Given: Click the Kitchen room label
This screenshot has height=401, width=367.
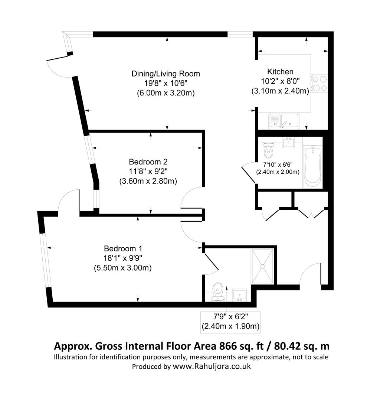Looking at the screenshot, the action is click(280, 72).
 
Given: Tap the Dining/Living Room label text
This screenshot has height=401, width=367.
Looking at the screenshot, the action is click(166, 74).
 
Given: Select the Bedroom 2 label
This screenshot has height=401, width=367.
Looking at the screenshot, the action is click(148, 162).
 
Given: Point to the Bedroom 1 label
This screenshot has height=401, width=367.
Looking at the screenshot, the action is click(123, 248).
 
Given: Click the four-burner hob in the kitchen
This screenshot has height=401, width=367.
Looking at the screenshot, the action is click(320, 84).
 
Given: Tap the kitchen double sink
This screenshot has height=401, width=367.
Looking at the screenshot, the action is click(284, 121).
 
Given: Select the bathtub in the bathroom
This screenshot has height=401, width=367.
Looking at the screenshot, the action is click(312, 167).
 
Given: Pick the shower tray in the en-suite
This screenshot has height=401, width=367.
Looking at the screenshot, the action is click(262, 266).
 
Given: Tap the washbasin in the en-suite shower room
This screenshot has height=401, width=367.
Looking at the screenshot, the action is click(239, 296).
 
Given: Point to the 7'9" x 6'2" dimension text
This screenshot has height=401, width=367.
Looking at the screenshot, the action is click(230, 317).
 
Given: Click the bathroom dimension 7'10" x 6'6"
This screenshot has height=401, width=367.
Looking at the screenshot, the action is click(278, 164).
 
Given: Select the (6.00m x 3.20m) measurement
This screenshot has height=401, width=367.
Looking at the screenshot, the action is click(166, 92).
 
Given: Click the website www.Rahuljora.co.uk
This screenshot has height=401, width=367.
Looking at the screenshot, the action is click(212, 366).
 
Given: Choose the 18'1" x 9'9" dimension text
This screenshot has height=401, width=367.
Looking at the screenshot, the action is click(123, 258).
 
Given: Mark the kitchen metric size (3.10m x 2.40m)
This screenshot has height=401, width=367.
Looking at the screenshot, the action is click(280, 91).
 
